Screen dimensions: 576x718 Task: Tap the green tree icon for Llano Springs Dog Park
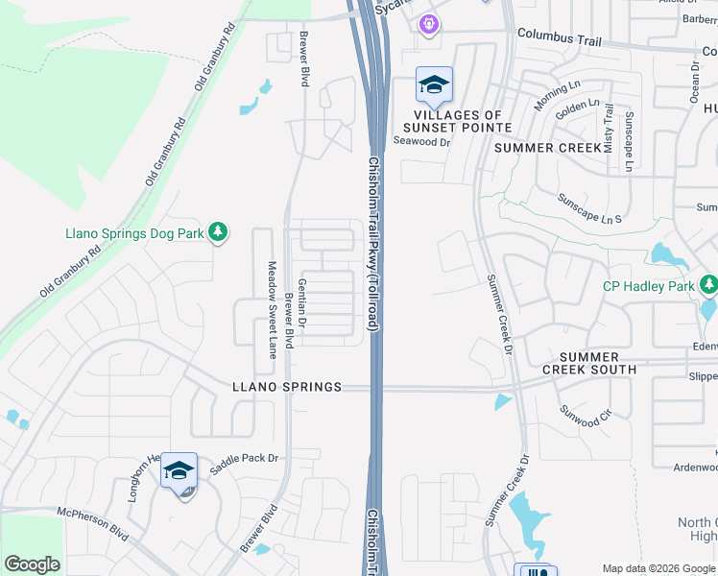click(219, 232)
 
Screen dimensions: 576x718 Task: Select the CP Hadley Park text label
click(649, 285)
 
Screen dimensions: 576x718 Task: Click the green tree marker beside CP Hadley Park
click(708, 285)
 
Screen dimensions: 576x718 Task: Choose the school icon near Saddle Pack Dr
click(179, 471)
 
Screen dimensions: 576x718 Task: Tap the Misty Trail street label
click(608, 130)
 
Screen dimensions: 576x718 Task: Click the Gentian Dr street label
click(301, 305)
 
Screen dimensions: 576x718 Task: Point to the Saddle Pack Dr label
click(246, 459)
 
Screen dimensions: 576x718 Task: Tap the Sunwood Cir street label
click(586, 416)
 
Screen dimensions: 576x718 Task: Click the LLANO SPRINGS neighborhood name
click(287, 387)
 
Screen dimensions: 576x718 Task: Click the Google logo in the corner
click(33, 564)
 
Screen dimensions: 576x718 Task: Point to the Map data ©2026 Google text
click(658, 568)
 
